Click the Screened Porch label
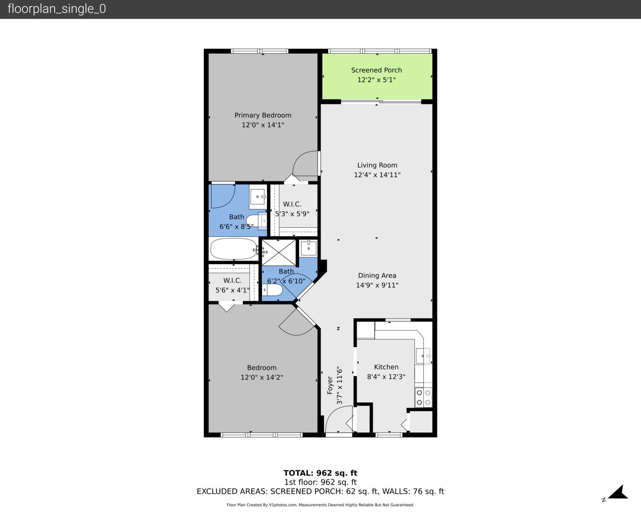376,70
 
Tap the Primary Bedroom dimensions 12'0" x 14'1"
263,125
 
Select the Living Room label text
377,165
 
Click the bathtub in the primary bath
233,249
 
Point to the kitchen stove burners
423,397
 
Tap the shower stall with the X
278,253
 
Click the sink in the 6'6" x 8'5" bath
258,197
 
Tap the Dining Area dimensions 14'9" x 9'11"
377,285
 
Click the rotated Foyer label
330,385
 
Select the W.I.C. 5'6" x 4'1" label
232,285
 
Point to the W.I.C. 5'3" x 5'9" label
292,209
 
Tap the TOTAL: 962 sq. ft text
320,473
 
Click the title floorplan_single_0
57,9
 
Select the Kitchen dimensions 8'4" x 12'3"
386,376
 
